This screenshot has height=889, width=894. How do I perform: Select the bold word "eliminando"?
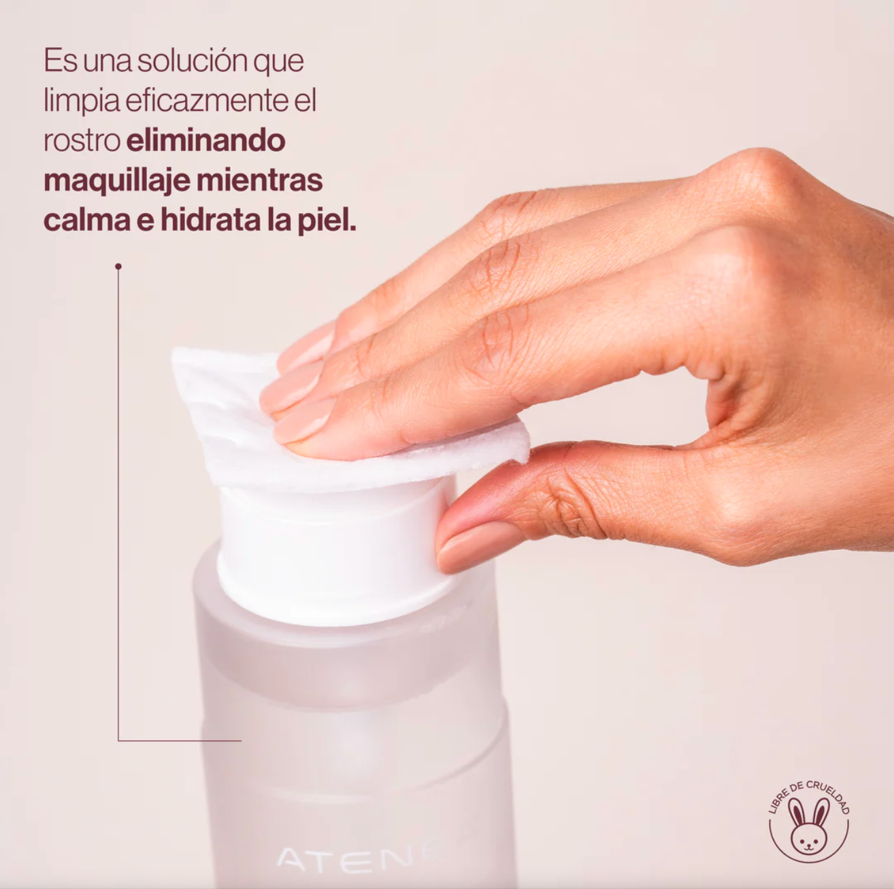coord(205,140)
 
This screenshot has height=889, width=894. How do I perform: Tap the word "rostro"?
coord(82,142)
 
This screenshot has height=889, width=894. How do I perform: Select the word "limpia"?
coord(82,101)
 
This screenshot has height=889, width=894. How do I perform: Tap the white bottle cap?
coord(334,553)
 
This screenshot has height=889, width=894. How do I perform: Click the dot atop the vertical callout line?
coord(118,266)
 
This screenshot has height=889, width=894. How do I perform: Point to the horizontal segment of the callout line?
coord(180,741)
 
